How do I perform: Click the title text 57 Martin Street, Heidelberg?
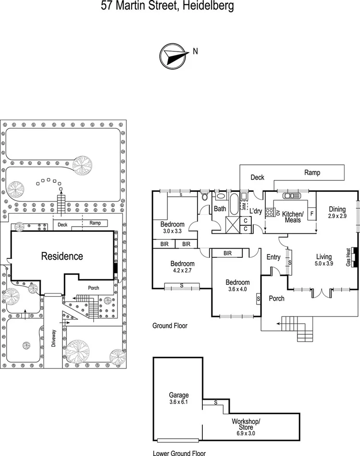(168, 6)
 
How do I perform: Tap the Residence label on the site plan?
(62, 256)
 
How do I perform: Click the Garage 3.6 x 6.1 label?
(178, 398)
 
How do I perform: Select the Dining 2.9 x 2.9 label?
(337, 213)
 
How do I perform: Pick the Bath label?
(220, 209)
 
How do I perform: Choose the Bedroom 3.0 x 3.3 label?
(172, 228)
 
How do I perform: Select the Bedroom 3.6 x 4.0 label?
(237, 286)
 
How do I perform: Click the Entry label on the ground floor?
(273, 257)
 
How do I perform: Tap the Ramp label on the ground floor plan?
(312, 173)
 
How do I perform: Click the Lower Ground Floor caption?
(179, 453)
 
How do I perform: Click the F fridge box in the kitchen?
(311, 213)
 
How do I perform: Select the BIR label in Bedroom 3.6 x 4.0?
(228, 253)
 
